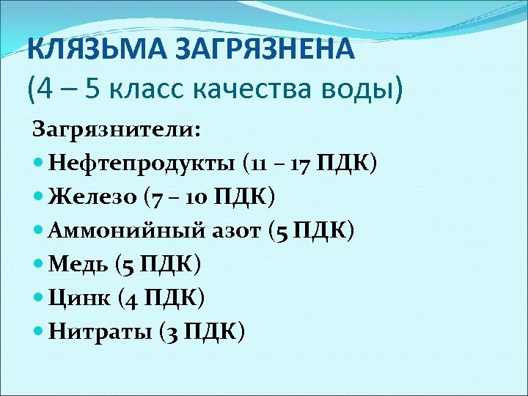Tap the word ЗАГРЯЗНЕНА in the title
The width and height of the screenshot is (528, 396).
click(254, 51)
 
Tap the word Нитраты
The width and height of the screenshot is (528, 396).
click(99, 332)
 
